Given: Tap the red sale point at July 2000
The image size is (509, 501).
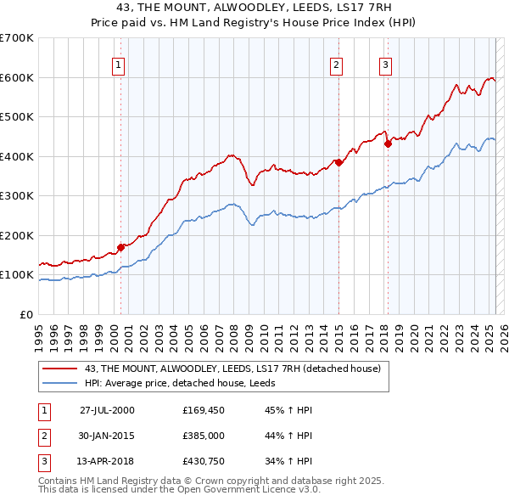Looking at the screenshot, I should [121, 247].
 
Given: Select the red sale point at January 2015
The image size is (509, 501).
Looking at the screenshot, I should [338, 162].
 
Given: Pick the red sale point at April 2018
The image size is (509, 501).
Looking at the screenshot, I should [388, 144].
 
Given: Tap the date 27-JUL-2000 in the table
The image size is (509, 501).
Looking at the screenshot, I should [107, 409].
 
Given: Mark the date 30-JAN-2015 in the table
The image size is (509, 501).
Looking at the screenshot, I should [107, 436].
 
